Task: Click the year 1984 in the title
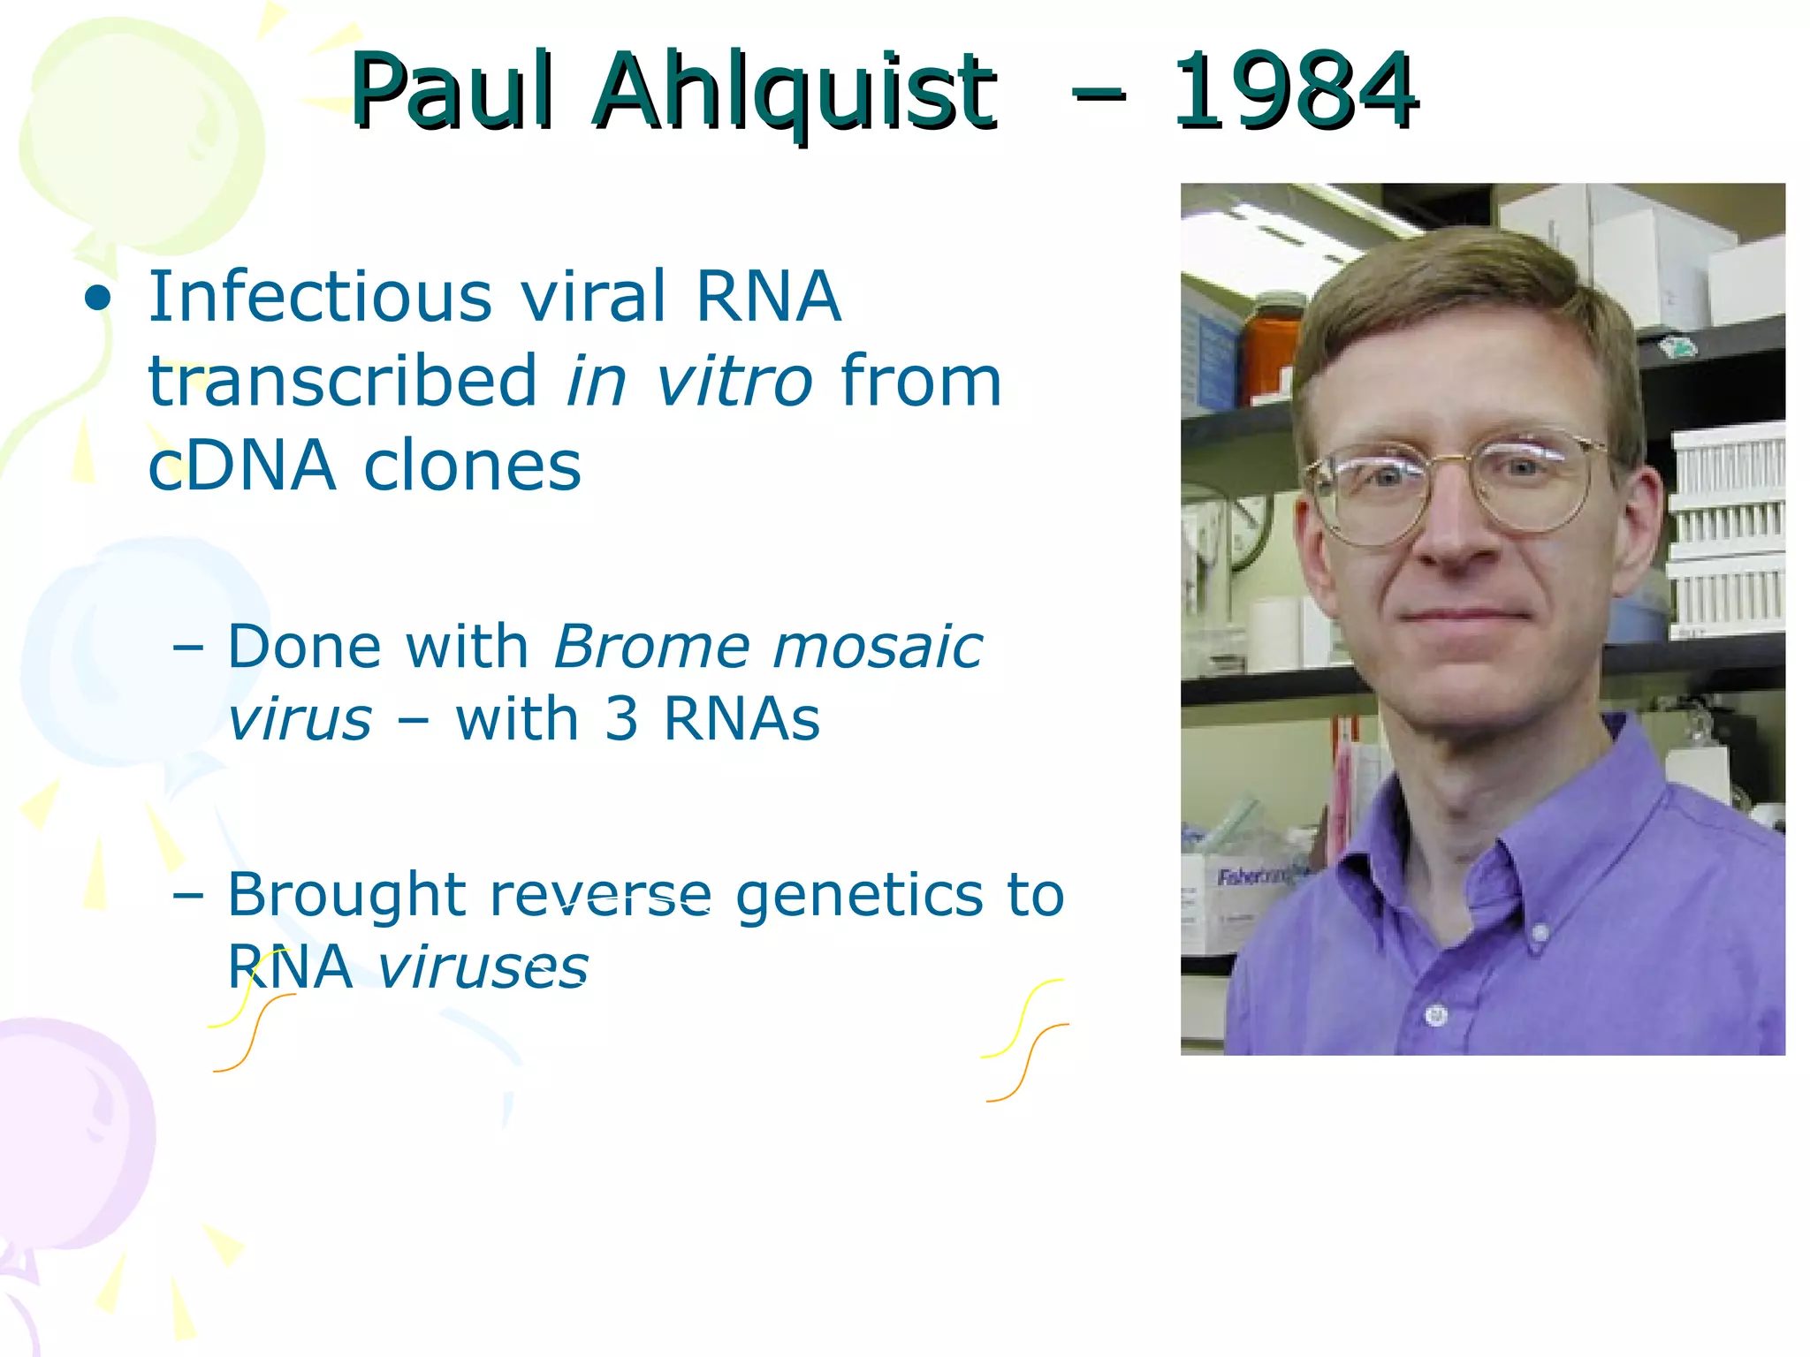(1295, 91)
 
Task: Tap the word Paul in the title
(452, 91)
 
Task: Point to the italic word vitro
(734, 382)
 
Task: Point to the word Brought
(346, 895)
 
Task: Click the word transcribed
(342, 382)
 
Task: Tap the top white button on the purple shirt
(1540, 933)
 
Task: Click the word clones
(473, 466)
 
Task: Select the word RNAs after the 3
(741, 718)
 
